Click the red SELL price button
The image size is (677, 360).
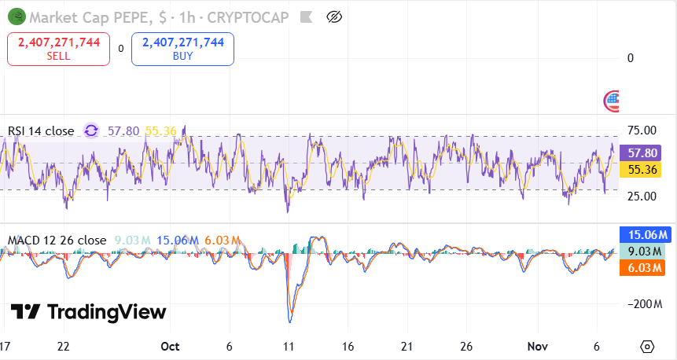(x=58, y=49)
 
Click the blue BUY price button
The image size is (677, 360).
(x=182, y=49)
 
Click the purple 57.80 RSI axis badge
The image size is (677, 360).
(x=644, y=153)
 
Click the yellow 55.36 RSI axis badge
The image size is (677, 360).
(x=644, y=170)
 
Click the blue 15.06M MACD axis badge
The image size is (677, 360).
(x=644, y=234)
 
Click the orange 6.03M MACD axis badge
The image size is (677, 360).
(x=644, y=268)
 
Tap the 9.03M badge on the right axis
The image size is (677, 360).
(x=644, y=252)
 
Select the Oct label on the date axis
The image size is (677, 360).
(x=169, y=347)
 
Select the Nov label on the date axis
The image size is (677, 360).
(x=537, y=347)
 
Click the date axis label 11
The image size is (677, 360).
(x=289, y=347)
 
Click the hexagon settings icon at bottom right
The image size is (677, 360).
(x=647, y=347)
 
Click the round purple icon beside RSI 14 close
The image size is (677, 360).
(x=91, y=130)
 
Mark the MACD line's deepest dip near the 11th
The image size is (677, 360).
(x=290, y=321)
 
